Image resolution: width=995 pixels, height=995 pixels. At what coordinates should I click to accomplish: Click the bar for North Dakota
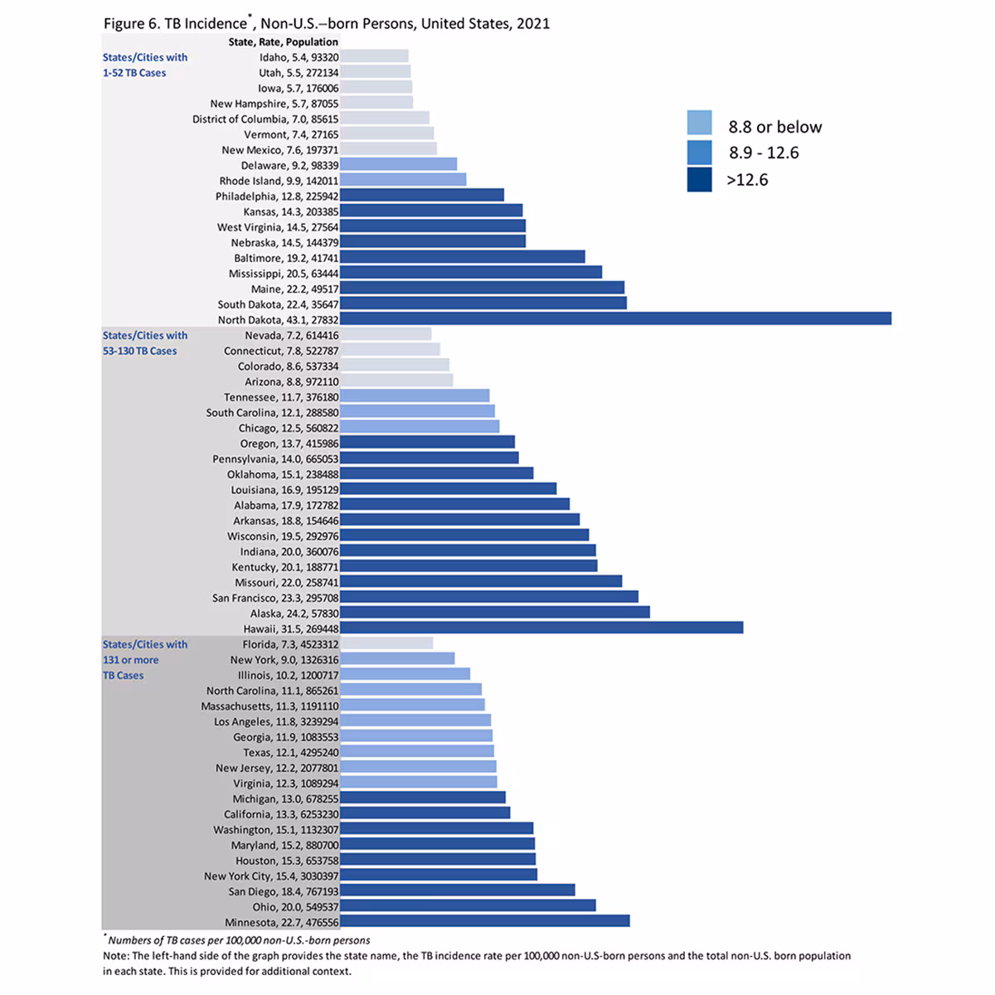coord(615,318)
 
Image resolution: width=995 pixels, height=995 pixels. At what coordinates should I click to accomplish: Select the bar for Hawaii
coord(541,628)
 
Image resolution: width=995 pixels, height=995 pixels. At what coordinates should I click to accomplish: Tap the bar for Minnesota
coord(484,920)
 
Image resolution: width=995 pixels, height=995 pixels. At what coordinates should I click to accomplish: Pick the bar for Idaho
coord(374,56)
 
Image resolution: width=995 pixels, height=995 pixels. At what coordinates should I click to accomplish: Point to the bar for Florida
coord(386,643)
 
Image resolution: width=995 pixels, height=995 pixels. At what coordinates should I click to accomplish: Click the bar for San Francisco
coord(489,597)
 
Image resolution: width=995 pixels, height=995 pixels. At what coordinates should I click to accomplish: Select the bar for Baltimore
coord(462,257)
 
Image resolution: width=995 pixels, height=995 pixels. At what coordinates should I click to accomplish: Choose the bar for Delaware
coord(398,164)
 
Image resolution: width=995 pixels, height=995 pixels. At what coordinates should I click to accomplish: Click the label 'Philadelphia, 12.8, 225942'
coord(277,196)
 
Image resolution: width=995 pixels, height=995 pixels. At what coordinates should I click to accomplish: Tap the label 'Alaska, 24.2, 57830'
coord(294,613)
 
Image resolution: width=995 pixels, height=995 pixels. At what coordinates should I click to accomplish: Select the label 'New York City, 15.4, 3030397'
coord(271,876)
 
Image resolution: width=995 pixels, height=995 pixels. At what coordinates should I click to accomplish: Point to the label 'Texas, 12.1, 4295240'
coord(290,752)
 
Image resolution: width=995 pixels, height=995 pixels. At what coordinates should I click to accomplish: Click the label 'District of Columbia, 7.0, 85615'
coord(265,119)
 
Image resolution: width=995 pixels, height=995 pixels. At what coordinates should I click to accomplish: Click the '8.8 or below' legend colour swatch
coord(699,123)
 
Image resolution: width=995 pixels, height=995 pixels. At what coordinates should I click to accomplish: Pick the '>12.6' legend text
coord(747,179)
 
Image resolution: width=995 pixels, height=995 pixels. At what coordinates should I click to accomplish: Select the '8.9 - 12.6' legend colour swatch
coord(699,153)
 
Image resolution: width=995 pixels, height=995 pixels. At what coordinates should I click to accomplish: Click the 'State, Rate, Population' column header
coord(283,41)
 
